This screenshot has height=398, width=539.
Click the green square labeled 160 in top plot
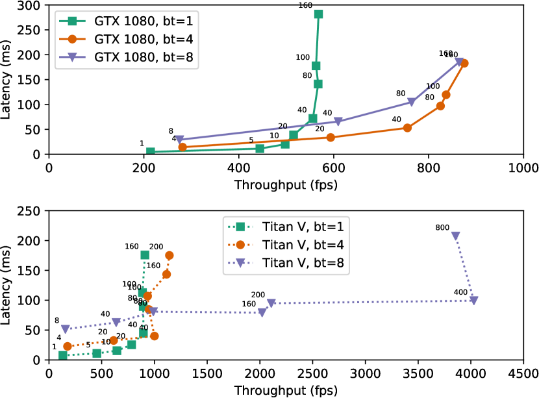pos(318,14)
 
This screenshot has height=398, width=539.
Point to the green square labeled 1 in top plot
pos(150,151)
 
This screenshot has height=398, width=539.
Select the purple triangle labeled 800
pos(456,236)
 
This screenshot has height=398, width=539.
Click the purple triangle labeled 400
pos(473,300)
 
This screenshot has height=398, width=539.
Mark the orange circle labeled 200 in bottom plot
pos(169,255)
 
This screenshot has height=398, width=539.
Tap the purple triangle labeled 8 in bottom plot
pos(65,329)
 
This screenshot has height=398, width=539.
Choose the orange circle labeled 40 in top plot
pos(407,128)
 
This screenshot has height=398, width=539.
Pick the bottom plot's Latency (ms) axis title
pos(8,284)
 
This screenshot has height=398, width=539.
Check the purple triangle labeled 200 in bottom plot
pos(271,303)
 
